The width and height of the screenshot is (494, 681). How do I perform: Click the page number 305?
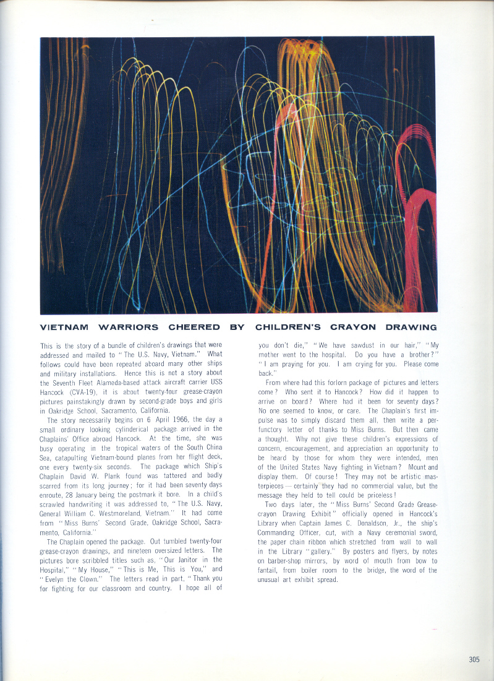click(x=474, y=659)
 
